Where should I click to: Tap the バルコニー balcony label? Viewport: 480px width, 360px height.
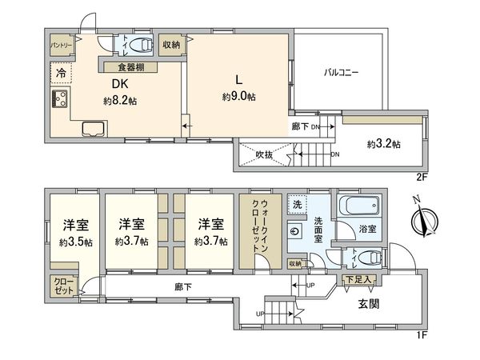(x=340, y=73)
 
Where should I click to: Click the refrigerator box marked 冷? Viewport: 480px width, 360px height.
(x=61, y=74)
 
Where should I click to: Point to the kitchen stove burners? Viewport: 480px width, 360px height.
(x=59, y=100)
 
